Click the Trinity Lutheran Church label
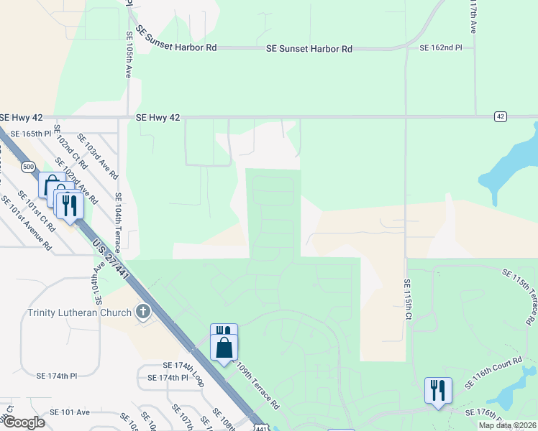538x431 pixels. tap(80, 312)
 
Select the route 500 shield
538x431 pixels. tap(28, 167)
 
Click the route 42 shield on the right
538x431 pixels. tap(501, 116)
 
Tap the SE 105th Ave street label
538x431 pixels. tap(129, 54)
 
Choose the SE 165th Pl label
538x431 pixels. tap(27, 134)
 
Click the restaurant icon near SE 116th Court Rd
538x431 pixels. tap(438, 391)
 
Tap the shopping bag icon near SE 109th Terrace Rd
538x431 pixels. tap(224, 348)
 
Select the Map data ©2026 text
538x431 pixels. tap(507, 425)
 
